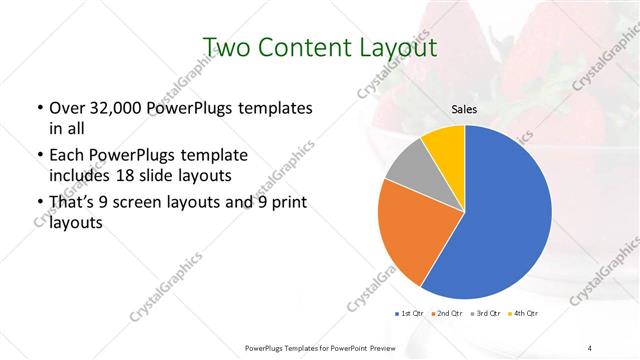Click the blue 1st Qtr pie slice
point(500,215)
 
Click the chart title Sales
point(465,109)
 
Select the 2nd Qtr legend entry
point(447,314)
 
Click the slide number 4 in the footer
point(590,347)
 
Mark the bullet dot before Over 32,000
point(39,108)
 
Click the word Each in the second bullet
point(68,157)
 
